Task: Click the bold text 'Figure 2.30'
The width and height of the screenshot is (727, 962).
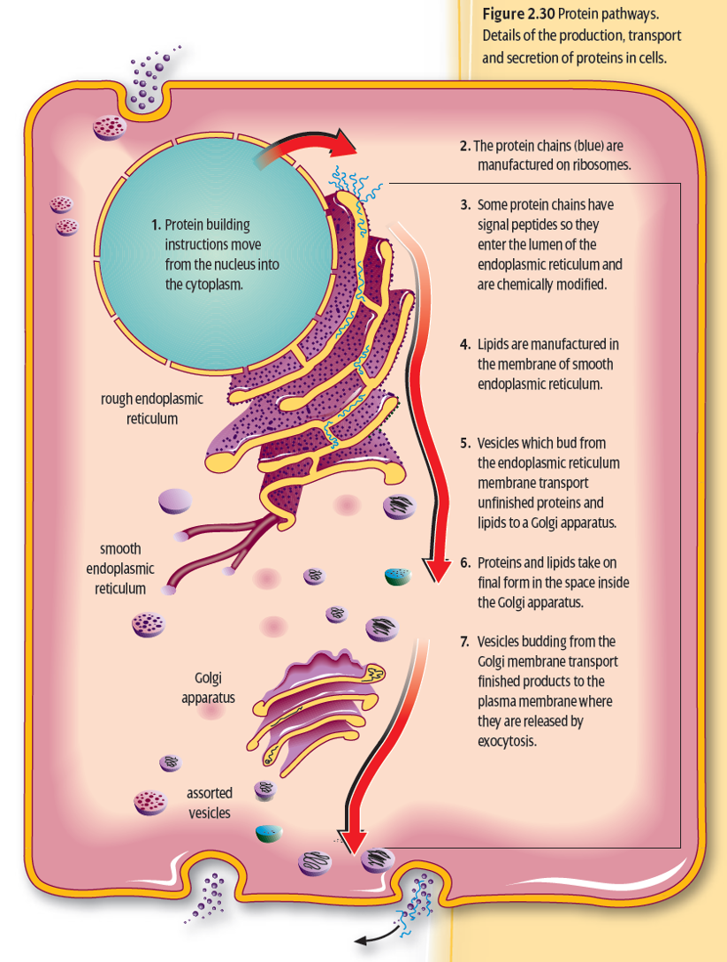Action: pos(518,17)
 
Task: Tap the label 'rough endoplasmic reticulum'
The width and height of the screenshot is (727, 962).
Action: pos(152,408)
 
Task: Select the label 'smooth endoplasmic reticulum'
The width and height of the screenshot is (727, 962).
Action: pos(120,569)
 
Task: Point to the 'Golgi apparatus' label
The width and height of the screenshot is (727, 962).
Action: pos(208,687)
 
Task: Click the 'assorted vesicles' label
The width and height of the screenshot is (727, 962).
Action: pos(210,802)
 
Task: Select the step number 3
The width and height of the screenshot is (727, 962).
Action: pos(464,204)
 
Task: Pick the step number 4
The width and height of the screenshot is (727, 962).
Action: pos(464,344)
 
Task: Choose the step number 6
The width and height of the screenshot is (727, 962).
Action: pos(464,562)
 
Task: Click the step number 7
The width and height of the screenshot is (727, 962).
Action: pos(464,641)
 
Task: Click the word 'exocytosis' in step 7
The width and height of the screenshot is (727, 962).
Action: pos(507,741)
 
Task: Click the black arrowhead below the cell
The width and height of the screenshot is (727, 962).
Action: pos(359,937)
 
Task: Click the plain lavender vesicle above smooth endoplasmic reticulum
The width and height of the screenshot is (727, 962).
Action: pos(174,502)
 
